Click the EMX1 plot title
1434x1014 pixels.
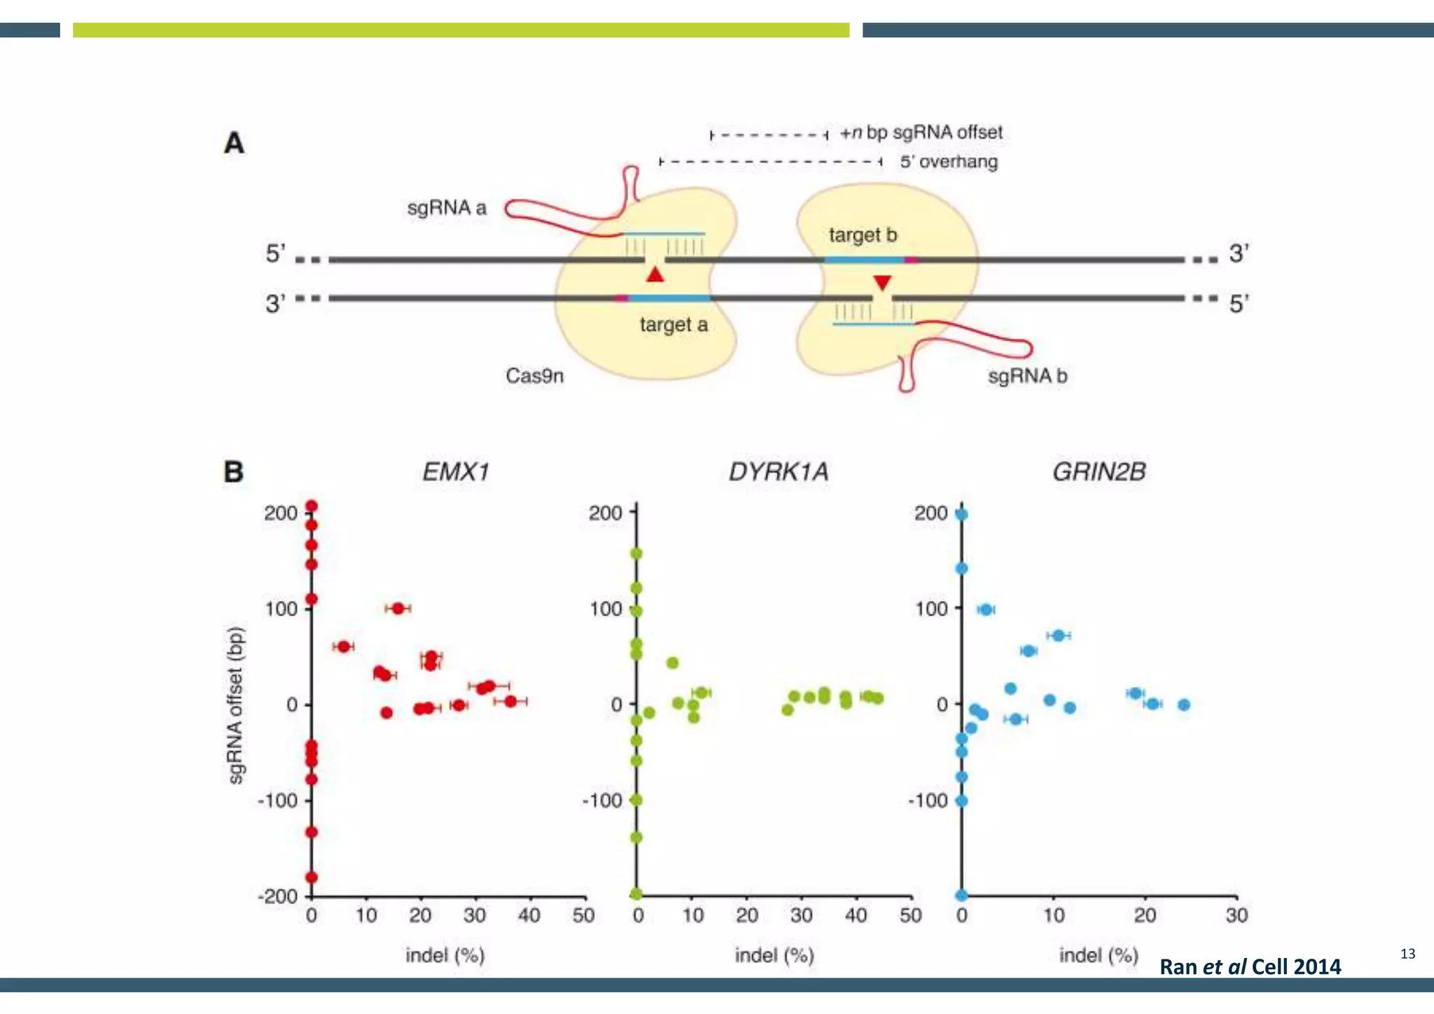click(x=455, y=472)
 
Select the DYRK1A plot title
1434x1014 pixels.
click(x=779, y=472)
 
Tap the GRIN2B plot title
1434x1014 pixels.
click(x=1099, y=472)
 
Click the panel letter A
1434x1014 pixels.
click(x=234, y=143)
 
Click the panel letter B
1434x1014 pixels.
click(x=233, y=472)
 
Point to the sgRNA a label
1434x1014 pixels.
click(x=447, y=208)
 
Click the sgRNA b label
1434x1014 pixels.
click(x=1027, y=376)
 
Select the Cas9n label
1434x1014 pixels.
click(x=534, y=376)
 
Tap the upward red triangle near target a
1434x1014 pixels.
click(x=655, y=275)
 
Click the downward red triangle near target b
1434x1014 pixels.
click(x=882, y=282)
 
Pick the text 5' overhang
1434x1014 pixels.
click(x=949, y=162)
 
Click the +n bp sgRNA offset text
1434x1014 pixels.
click(x=921, y=132)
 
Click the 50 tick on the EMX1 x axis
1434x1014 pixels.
click(x=583, y=915)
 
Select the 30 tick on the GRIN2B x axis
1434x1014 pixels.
click(x=1237, y=915)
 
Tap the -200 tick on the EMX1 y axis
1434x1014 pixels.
click(x=278, y=896)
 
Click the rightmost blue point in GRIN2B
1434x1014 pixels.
click(x=1183, y=704)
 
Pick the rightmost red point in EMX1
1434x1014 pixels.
click(x=510, y=701)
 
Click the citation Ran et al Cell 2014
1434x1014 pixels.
click(x=1250, y=966)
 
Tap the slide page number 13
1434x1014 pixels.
click(x=1407, y=954)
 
